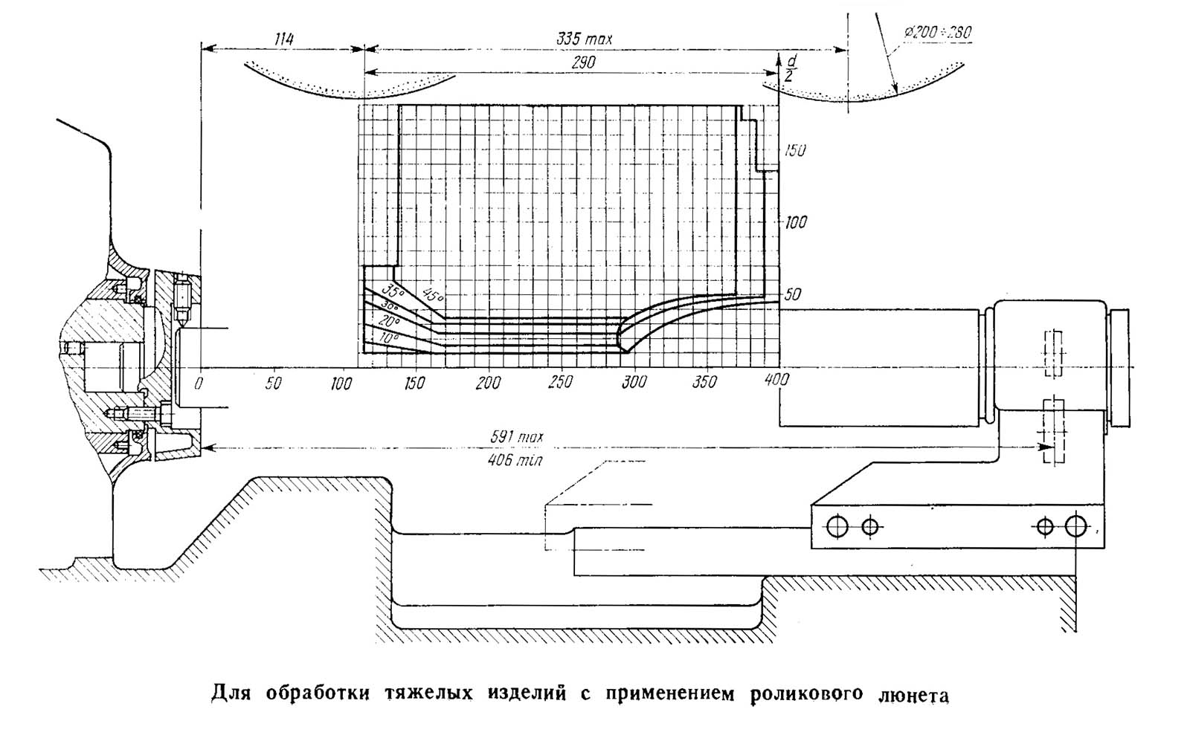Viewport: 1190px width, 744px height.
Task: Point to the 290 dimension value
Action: pyautogui.click(x=583, y=64)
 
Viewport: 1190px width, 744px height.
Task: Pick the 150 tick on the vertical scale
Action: pyautogui.click(x=794, y=150)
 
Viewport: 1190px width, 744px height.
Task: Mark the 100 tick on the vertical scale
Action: pyautogui.click(x=794, y=222)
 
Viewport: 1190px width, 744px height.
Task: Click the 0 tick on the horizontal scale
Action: pyautogui.click(x=199, y=383)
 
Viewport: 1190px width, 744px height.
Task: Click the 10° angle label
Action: pyautogui.click(x=387, y=338)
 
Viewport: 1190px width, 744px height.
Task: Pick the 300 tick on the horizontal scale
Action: pyautogui.click(x=633, y=383)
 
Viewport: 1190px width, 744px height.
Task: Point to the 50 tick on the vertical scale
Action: pyautogui.click(x=793, y=294)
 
